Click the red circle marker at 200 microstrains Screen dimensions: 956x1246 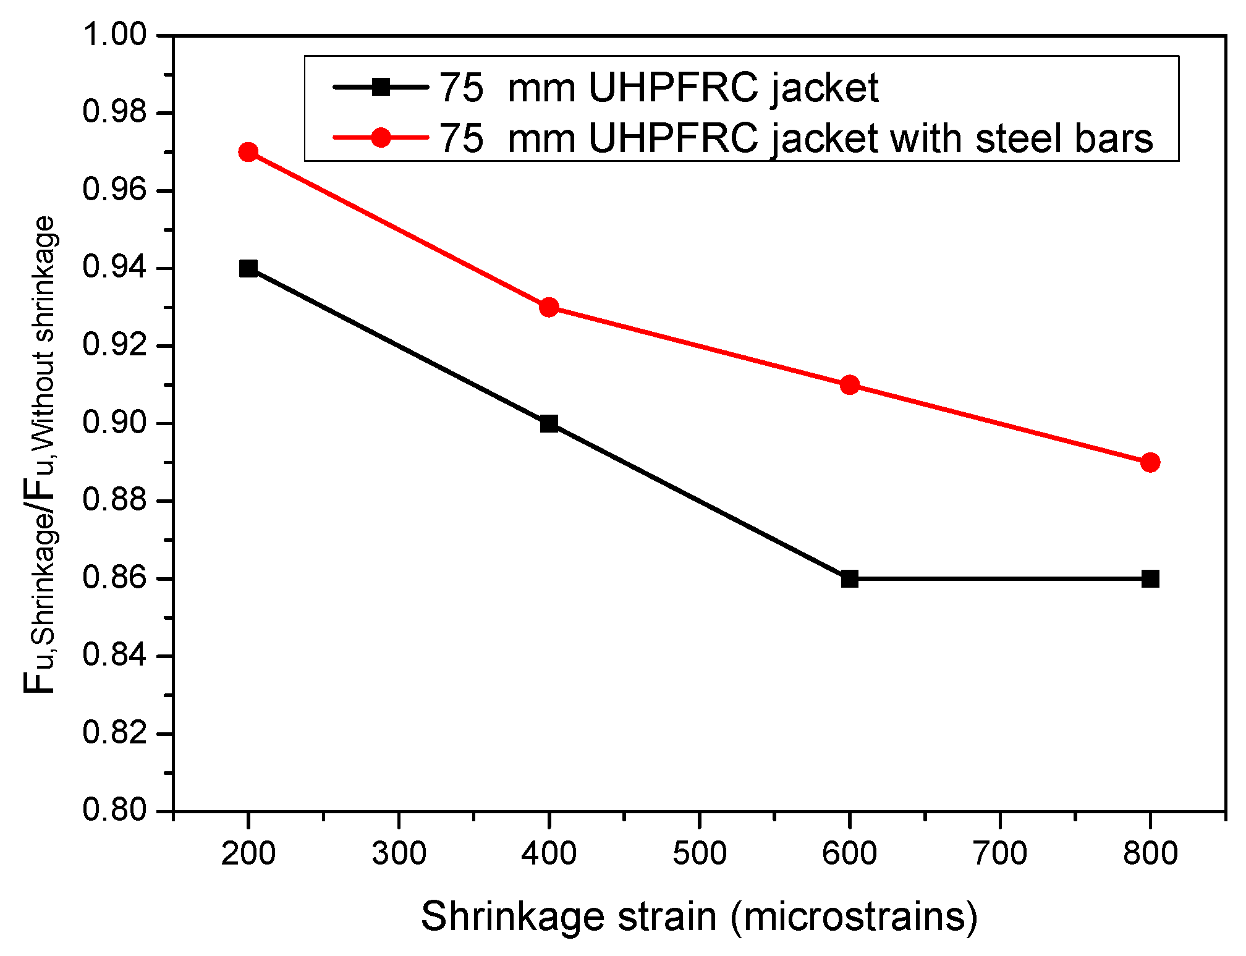point(248,152)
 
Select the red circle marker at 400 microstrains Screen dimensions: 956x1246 point(549,307)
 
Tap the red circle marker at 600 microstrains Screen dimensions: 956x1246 point(850,385)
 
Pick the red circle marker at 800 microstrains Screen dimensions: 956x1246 point(1150,462)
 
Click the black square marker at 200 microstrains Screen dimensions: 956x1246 point(248,268)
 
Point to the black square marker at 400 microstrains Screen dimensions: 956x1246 point(549,424)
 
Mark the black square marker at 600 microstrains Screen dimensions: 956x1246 point(850,579)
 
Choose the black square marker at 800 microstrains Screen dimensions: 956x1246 point(1150,579)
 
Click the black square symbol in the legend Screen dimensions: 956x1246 point(381,87)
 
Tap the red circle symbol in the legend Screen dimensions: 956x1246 point(381,137)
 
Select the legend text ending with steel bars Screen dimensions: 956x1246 point(796,138)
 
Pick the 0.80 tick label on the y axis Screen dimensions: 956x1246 point(115,810)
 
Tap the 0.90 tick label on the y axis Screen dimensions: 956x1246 point(115,423)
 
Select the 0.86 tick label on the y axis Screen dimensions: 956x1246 point(115,578)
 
